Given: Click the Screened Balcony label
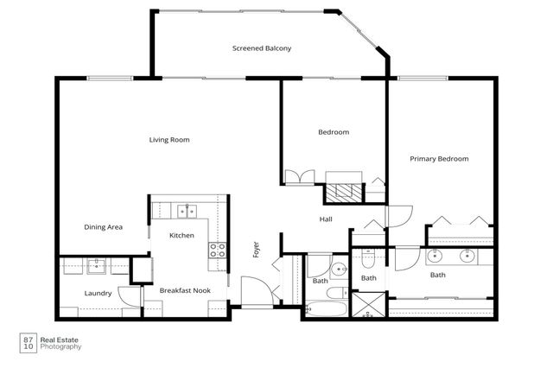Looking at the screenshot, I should [x=262, y=48].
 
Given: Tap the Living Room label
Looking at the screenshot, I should [x=168, y=140].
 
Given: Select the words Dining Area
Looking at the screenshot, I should [x=103, y=227].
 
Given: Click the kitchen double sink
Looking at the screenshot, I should [x=185, y=210].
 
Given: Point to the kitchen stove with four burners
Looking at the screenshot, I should [x=217, y=251].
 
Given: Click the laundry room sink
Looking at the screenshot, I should [x=97, y=265].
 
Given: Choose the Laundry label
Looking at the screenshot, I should [x=98, y=294].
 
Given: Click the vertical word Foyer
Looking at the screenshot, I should [x=256, y=251].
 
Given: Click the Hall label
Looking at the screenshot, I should [x=326, y=219].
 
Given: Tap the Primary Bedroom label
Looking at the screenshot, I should [x=439, y=159].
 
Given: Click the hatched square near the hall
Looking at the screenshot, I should [x=346, y=192].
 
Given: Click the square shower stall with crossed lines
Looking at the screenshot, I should [x=368, y=304].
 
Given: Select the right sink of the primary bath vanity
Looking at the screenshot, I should [x=467, y=256].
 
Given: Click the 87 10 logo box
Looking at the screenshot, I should [x=29, y=343].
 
